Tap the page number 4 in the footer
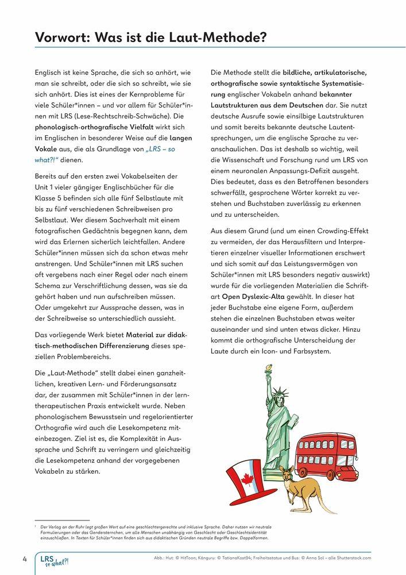[x=25, y=558]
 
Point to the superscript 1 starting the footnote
[x=36, y=525]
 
